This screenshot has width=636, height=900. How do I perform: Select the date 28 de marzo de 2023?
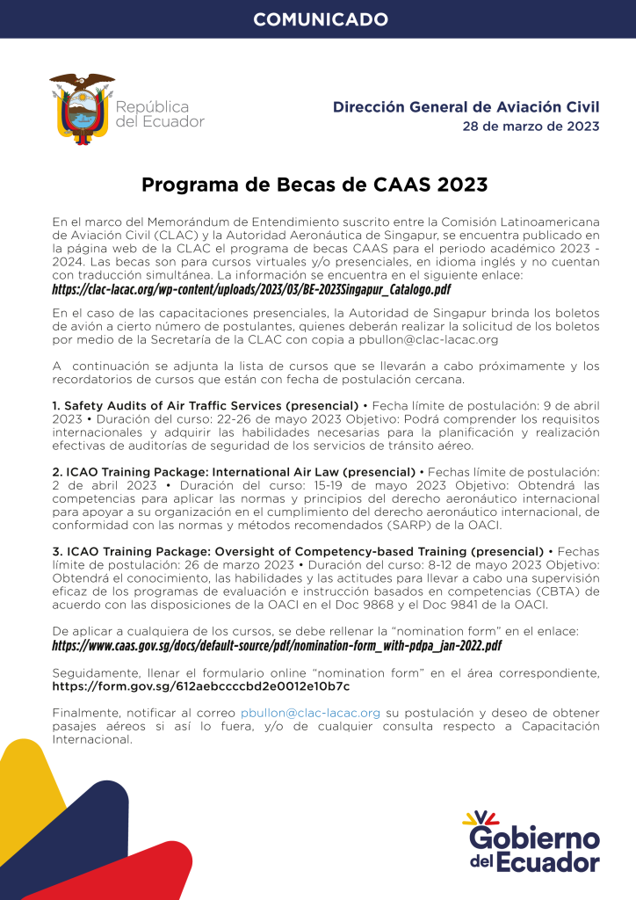pyautogui.click(x=531, y=127)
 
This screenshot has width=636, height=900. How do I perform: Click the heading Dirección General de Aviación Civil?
pyautogui.click(x=466, y=107)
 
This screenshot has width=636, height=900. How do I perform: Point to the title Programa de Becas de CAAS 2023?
pyautogui.click(x=314, y=185)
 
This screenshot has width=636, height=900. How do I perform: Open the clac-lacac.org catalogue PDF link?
pyautogui.click(x=250, y=289)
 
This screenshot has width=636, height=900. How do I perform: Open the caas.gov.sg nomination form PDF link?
pyautogui.click(x=277, y=646)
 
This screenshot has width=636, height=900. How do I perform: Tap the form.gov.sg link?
pyautogui.click(x=200, y=686)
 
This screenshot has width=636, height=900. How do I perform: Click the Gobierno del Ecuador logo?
pyautogui.click(x=532, y=842)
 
